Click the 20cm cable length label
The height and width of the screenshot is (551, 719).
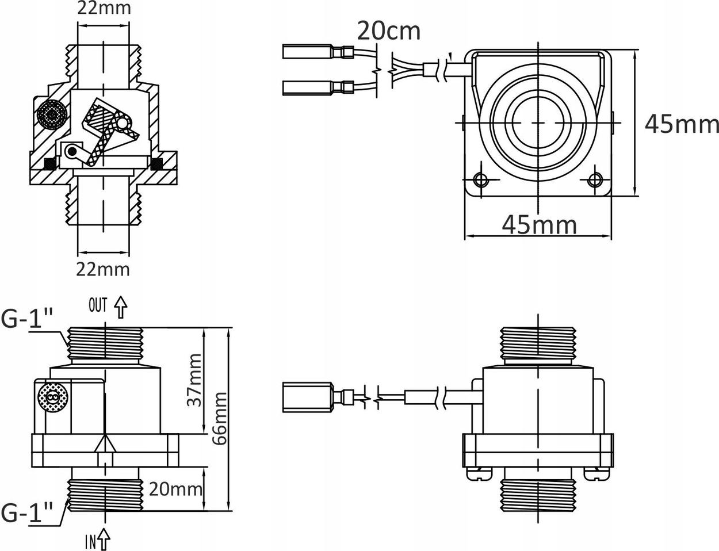tap(388, 30)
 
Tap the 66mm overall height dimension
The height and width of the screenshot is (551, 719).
tap(219, 418)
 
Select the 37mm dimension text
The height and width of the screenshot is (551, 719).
tap(196, 380)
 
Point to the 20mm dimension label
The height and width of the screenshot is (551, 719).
tap(175, 489)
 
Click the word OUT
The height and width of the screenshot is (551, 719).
tap(98, 305)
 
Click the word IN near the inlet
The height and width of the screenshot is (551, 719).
tap(90, 541)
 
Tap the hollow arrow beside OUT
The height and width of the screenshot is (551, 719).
tap(120, 307)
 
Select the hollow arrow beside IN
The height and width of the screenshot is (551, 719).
tap(104, 539)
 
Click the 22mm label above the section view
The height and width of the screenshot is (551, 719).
tap(104, 8)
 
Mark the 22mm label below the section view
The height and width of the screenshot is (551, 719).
tap(103, 269)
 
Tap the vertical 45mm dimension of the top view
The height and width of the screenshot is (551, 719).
tap(681, 124)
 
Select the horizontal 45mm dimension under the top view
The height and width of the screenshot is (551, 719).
tap(539, 224)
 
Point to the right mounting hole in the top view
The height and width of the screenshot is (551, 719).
tap(594, 179)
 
